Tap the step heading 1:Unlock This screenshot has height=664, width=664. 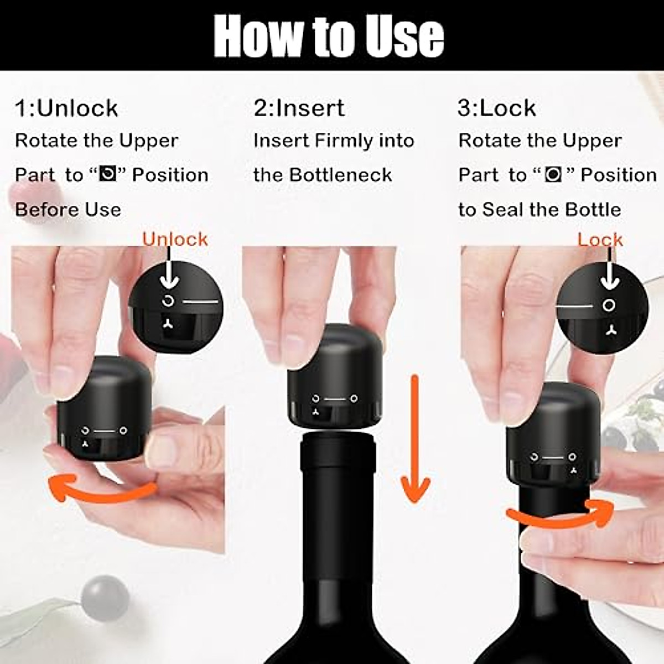[x=66, y=108]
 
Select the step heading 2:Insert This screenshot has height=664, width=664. [x=299, y=108]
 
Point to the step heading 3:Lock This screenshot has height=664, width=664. [x=496, y=108]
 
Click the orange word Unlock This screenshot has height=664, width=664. [x=175, y=239]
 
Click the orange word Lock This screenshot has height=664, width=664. [x=600, y=239]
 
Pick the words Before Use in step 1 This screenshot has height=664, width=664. [x=68, y=210]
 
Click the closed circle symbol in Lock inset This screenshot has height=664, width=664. [x=609, y=305]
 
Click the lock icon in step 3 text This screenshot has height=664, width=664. [x=553, y=175]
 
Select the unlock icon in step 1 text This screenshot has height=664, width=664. [x=107, y=175]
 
